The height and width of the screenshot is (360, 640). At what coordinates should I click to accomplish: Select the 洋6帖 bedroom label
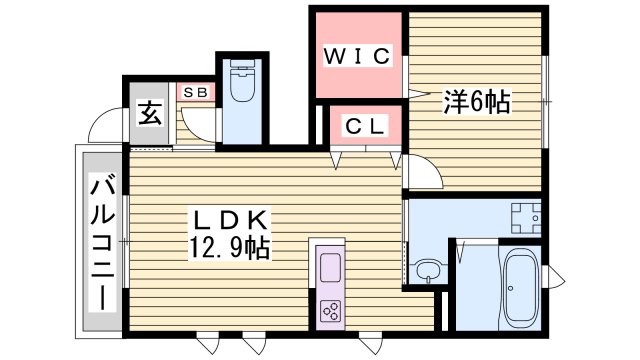477,101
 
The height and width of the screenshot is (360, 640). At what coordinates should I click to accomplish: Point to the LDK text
227,220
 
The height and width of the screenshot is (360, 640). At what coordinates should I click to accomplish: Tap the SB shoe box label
196,92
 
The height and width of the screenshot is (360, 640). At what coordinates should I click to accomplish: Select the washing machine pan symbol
523,214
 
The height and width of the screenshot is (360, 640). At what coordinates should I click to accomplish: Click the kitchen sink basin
331,267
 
